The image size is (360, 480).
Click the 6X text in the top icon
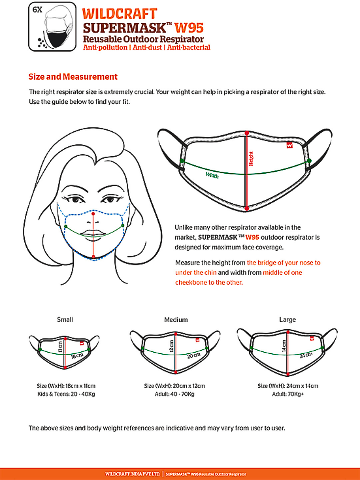(x=37, y=10)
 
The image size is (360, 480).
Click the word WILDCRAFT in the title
(x=120, y=14)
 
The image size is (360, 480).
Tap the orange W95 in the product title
(x=189, y=28)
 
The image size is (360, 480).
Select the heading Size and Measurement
(x=73, y=77)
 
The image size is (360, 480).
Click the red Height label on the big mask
(x=251, y=159)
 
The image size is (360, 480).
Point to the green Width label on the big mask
(x=212, y=175)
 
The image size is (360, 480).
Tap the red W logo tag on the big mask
(x=289, y=145)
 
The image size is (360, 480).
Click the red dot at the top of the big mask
(x=247, y=133)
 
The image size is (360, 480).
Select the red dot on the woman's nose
(x=93, y=214)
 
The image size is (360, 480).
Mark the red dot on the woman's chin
(x=93, y=257)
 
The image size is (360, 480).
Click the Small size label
(x=65, y=320)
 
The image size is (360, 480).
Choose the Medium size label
(x=176, y=320)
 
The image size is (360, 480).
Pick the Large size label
(x=287, y=320)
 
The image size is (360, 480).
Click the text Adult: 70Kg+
(x=288, y=394)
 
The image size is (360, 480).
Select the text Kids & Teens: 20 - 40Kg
(x=66, y=394)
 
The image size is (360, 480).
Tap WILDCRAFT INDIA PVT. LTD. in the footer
(x=133, y=474)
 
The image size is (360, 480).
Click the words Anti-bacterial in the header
(x=189, y=47)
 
